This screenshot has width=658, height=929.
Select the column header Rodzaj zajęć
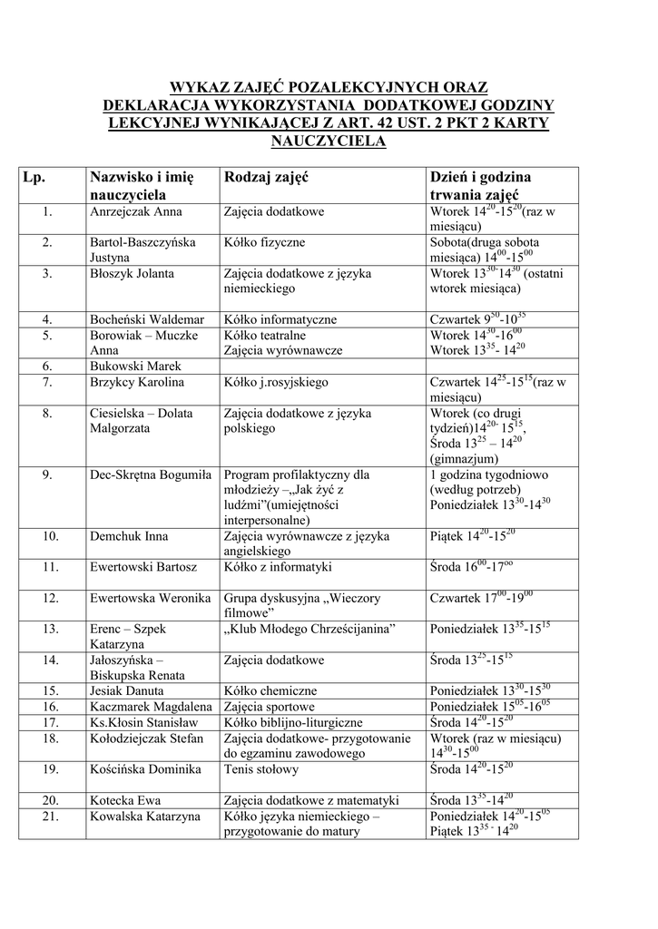(266, 177)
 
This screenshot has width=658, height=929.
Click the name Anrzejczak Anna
(136, 211)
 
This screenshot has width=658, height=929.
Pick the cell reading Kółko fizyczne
(265, 242)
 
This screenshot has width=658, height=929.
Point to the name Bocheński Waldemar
(147, 319)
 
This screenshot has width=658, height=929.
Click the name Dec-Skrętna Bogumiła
(151, 474)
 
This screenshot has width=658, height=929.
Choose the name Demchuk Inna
(129, 536)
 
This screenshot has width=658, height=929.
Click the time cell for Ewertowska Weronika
(482, 598)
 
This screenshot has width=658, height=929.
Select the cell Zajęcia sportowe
(270, 706)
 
